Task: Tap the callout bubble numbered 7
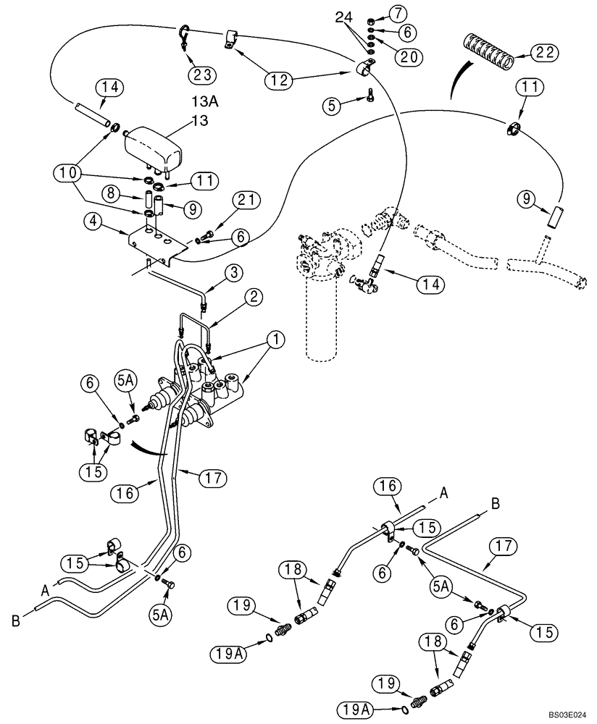point(398,12)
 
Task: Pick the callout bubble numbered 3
point(234,273)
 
